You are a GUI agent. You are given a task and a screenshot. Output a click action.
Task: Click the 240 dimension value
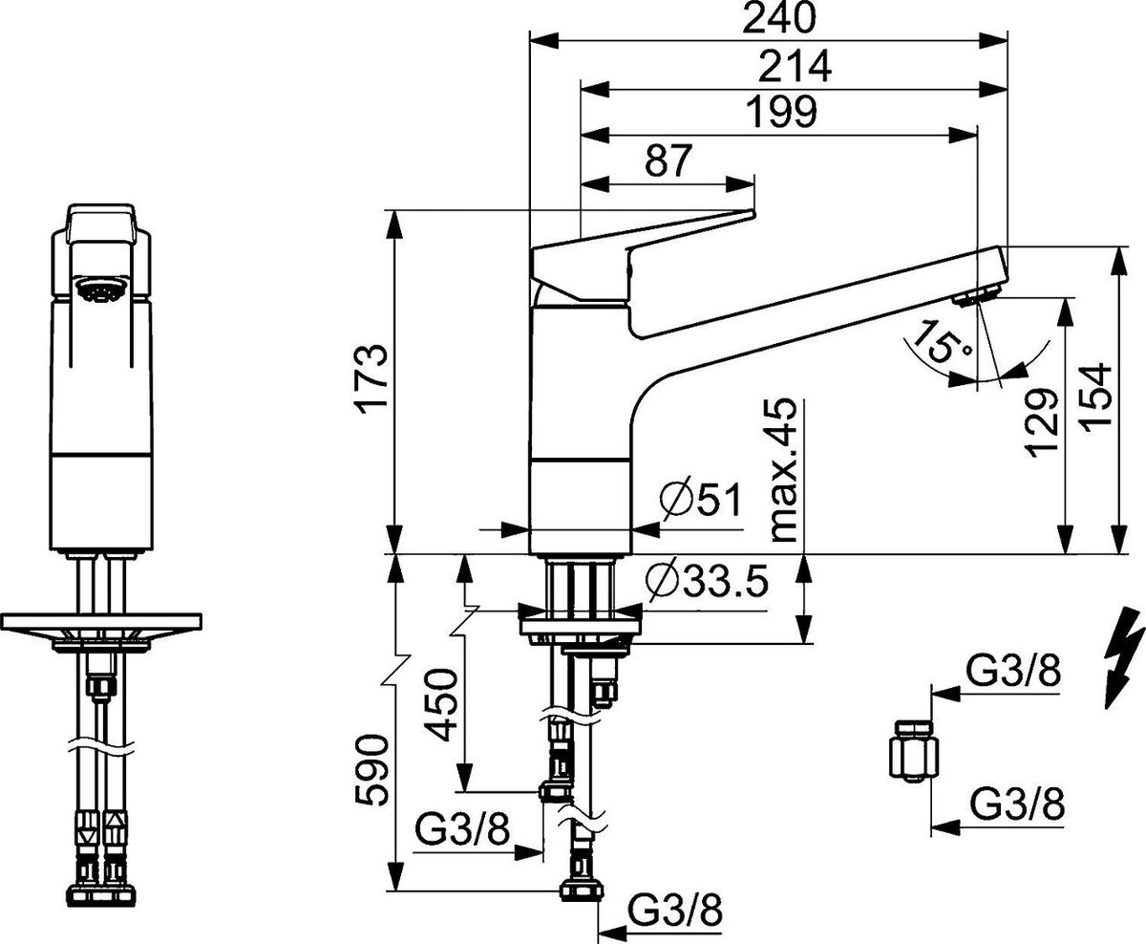pos(779,18)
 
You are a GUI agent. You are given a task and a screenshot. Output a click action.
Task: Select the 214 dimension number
pos(795,66)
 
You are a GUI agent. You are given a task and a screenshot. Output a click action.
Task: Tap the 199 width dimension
pos(781,112)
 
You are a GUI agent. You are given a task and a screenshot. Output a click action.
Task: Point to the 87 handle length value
pos(668,160)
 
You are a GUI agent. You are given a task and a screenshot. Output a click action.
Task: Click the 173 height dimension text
pos(371,379)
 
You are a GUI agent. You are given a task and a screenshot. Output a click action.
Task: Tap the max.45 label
pos(783,470)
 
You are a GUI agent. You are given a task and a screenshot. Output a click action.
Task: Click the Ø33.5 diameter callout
pos(707,580)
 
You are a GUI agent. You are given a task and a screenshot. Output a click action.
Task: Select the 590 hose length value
pos(371,770)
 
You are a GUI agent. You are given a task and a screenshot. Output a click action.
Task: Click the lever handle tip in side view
pos(753,214)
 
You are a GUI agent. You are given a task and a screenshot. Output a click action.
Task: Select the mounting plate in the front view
pos(101,622)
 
